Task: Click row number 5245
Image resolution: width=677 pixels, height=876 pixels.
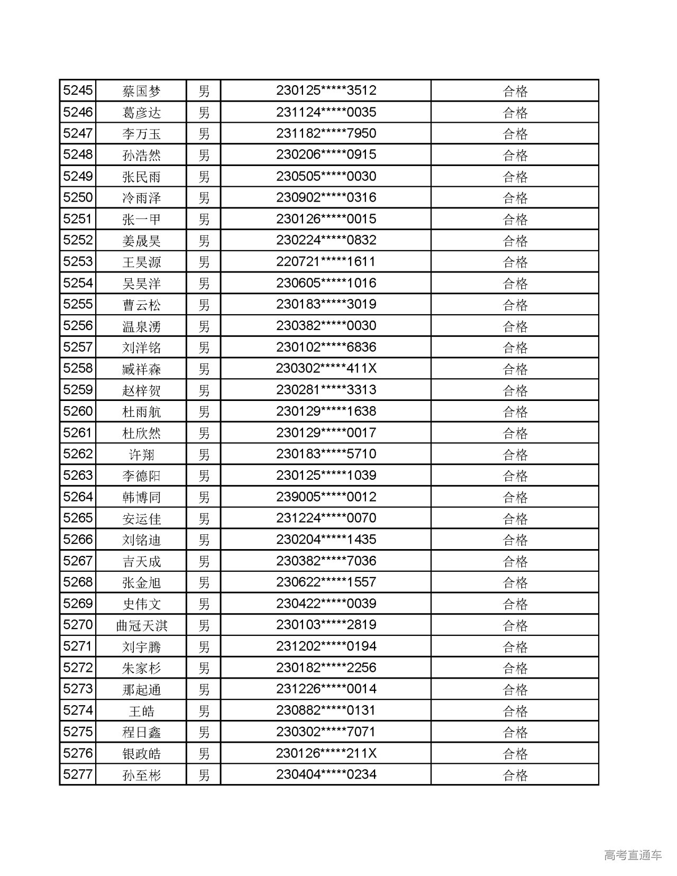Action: (78, 90)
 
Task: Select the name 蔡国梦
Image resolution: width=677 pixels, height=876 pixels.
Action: (141, 91)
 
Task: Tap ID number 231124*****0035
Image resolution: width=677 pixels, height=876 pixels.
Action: (326, 112)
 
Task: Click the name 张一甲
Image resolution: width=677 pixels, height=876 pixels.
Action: (141, 219)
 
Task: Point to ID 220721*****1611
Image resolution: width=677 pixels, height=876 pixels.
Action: (326, 262)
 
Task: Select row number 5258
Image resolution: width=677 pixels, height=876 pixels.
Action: (78, 368)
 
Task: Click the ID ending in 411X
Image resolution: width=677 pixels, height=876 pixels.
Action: (326, 368)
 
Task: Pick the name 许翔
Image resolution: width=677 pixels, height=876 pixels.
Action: (141, 454)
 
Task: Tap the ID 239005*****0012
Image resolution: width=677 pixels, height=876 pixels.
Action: (326, 497)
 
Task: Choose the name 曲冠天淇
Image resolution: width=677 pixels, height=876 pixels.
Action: (141, 625)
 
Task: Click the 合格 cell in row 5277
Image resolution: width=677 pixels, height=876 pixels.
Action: (515, 775)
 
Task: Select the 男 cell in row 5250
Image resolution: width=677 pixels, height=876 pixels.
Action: (204, 198)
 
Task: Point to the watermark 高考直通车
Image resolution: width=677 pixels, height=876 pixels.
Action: (633, 855)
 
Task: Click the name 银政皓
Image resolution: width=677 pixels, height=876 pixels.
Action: (141, 753)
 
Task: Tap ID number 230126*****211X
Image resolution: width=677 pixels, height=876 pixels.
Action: (326, 753)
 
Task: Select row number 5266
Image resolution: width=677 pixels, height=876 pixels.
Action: (78, 540)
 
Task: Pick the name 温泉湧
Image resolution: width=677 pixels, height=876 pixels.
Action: (141, 326)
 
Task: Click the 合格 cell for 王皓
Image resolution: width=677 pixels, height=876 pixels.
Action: (515, 711)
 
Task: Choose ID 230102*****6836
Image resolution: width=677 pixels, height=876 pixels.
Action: (326, 347)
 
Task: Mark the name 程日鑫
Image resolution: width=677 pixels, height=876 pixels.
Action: (141, 732)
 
